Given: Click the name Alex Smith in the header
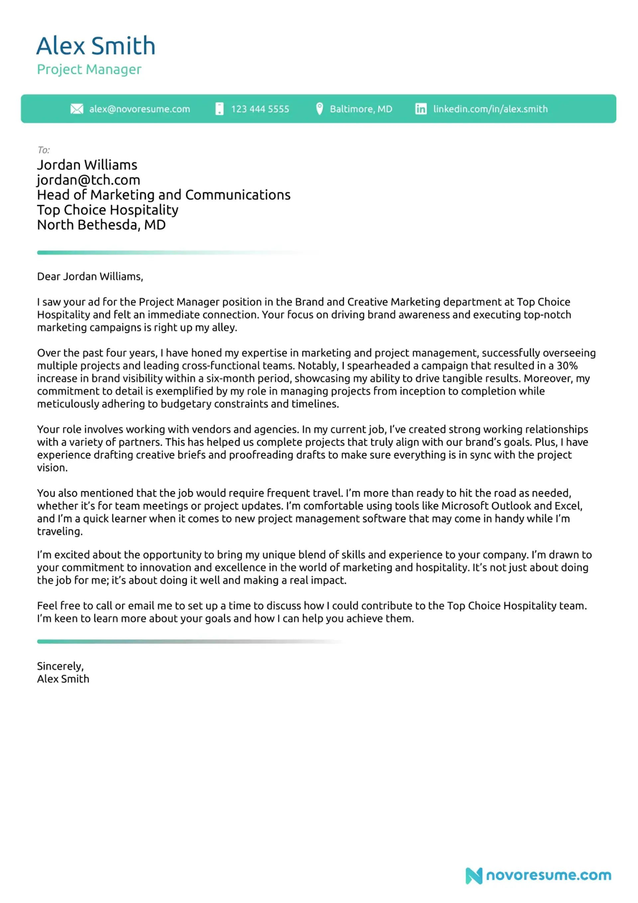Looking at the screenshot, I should point(96,46).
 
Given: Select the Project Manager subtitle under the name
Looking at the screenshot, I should point(89,69).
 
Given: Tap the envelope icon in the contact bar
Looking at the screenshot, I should point(77,109).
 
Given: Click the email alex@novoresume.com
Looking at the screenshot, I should point(139,109).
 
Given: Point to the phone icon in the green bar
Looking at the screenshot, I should point(220,109).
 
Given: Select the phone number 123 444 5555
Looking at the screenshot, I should point(260,109).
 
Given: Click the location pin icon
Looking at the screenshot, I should point(319,109).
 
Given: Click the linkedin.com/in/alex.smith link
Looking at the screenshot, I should point(490,109).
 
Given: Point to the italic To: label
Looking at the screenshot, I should point(43,150).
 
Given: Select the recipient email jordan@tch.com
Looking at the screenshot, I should point(88,180).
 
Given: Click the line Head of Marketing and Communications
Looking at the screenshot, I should point(163,195).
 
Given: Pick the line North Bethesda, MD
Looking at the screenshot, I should point(101,225).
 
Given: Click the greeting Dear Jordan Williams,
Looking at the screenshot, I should point(90,277).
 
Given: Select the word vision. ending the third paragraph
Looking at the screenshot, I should point(52,468).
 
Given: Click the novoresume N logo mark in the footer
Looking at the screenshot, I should point(474,875).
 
